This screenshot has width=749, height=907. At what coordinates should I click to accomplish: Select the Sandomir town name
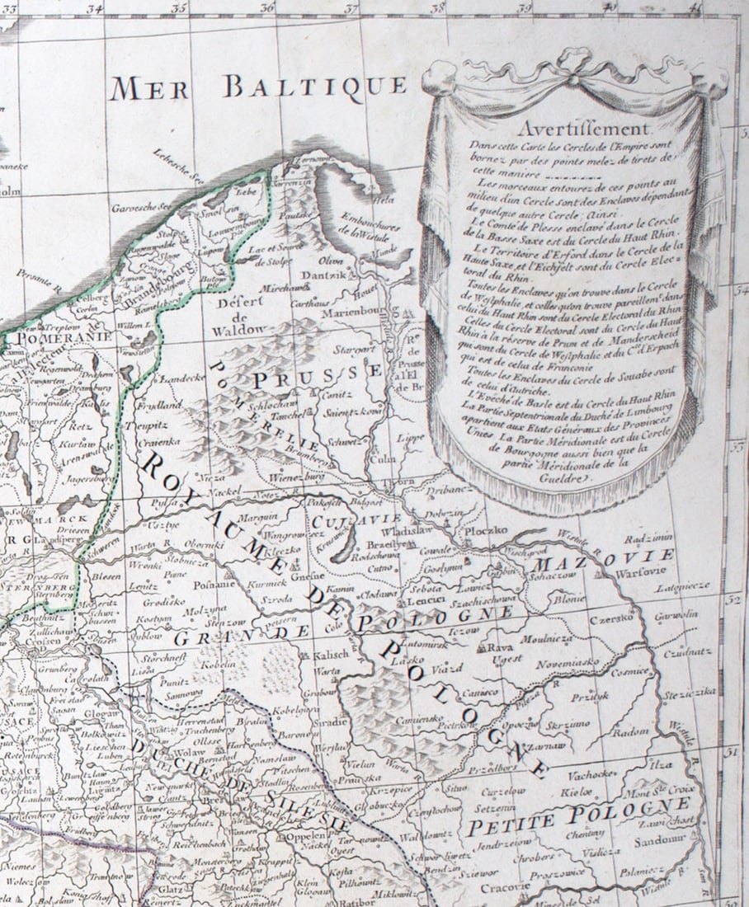[x=660, y=841]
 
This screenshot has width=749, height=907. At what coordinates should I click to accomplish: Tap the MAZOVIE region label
[x=604, y=559]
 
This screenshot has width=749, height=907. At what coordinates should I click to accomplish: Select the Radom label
[x=631, y=731]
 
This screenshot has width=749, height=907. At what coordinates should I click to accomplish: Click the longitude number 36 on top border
[x=266, y=7]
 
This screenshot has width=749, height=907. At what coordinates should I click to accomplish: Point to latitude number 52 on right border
[x=731, y=600]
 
